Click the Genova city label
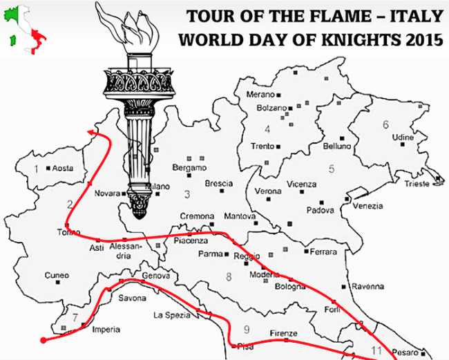(155, 274)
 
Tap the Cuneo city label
(56, 275)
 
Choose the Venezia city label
(367, 206)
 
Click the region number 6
(385, 124)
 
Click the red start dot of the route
(43, 340)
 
